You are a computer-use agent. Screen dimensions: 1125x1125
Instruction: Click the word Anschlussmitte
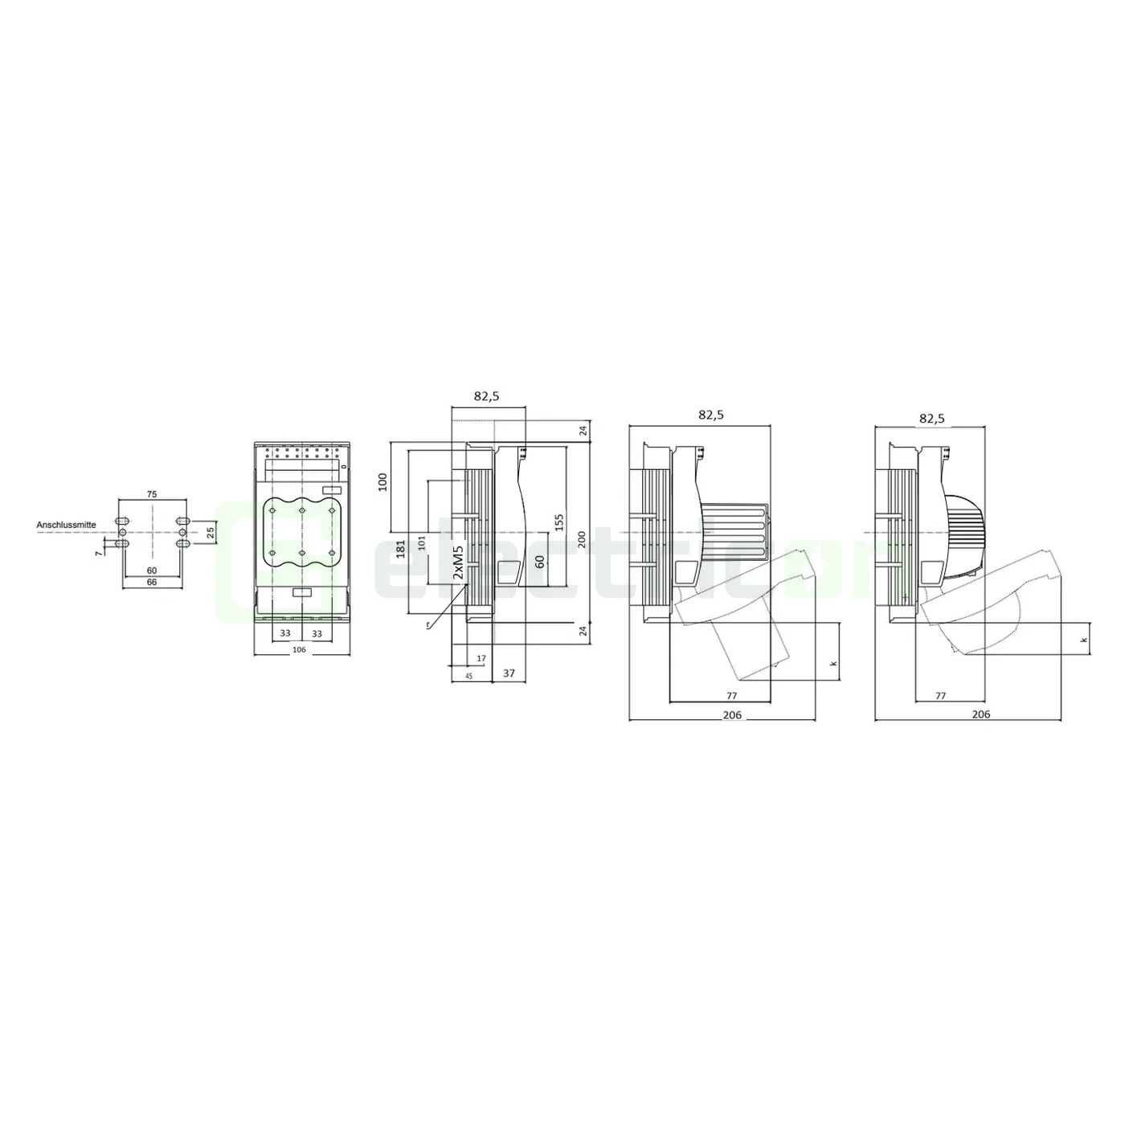(66, 525)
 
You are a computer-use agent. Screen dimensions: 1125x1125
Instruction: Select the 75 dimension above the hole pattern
(152, 495)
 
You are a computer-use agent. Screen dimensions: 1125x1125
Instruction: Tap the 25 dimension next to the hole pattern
(211, 532)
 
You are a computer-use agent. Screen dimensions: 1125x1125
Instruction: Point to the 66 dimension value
(152, 582)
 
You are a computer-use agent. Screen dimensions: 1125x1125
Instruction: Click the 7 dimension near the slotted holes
(99, 553)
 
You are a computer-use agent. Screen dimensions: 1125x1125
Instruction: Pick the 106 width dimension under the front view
(301, 649)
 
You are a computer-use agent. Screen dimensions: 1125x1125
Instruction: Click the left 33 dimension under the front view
(284, 633)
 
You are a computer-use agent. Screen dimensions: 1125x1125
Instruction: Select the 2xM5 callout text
(458, 562)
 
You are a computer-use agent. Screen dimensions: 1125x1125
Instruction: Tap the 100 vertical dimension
(383, 481)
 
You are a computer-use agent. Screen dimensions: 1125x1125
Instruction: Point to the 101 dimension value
(421, 535)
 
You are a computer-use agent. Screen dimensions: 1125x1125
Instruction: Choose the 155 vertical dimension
(559, 522)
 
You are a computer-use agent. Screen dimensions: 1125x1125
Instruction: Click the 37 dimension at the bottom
(509, 673)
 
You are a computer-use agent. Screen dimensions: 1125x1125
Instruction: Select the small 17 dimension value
(481, 658)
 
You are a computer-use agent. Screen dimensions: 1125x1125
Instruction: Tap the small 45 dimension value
(468, 676)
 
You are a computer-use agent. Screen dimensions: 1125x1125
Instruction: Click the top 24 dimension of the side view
(583, 431)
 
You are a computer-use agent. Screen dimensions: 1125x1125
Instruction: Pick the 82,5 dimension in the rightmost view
(931, 418)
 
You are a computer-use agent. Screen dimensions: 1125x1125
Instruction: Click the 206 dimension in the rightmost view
(981, 714)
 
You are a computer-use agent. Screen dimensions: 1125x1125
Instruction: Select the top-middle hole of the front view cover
(301, 510)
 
